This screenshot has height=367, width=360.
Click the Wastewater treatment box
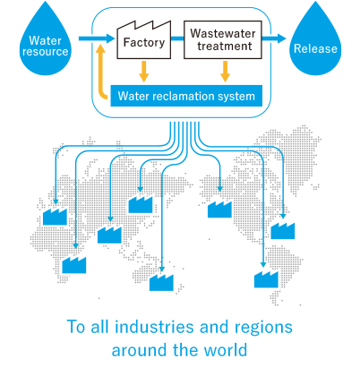pyautogui.click(x=223, y=39)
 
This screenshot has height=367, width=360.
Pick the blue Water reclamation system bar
pyautogui.click(x=186, y=96)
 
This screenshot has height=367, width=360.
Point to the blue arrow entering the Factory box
pyautogui.click(x=97, y=38)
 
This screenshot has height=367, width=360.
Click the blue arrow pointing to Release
pyautogui.click(x=274, y=38)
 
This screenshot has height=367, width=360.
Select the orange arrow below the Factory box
pyautogui.click(x=144, y=72)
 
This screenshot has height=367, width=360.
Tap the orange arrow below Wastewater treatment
pyautogui.click(x=225, y=72)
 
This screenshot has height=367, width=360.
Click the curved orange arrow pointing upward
pyautogui.click(x=101, y=72)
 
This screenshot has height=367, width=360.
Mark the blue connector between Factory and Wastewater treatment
pyautogui.click(x=177, y=38)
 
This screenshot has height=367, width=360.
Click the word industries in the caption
pyautogui.click(x=154, y=327)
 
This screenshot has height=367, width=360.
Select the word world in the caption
pyautogui.click(x=227, y=350)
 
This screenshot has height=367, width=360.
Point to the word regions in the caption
pyautogui.click(x=263, y=329)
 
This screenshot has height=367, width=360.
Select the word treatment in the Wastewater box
pyautogui.click(x=225, y=47)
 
